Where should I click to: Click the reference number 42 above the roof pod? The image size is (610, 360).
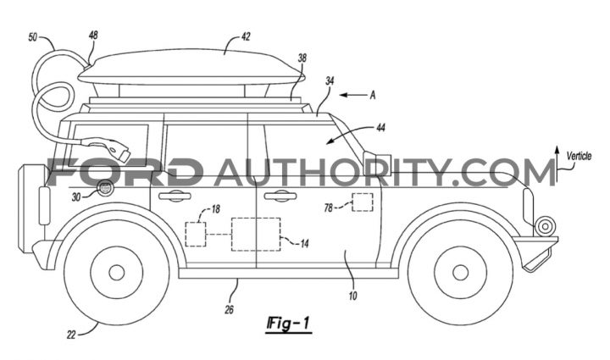pos(246,36)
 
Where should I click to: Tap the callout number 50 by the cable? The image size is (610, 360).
pos(33,37)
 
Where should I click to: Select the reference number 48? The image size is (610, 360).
pos(93,35)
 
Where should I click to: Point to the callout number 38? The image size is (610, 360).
pos(302,58)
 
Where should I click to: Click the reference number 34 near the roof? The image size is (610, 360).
pos(330,80)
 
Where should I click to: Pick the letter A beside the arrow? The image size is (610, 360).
pos(372,95)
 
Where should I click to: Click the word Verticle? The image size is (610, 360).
pos(579,156)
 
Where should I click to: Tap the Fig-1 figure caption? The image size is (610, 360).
pos(288,324)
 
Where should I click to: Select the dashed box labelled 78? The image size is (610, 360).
pos(363,202)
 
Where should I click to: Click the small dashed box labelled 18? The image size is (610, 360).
pos(196,234)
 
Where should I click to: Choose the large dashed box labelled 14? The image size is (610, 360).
pos(256,234)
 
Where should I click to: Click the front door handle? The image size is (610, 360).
pos(279,196)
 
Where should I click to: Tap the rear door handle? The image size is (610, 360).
pos(175,196)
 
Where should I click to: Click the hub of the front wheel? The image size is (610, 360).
pos(460,272)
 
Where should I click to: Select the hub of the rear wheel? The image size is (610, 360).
pos(116,273)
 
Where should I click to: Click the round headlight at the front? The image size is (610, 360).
pos(545,226)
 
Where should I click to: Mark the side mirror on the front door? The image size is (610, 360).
pos(376,163)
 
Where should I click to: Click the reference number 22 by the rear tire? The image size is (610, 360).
pos(71,335)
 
